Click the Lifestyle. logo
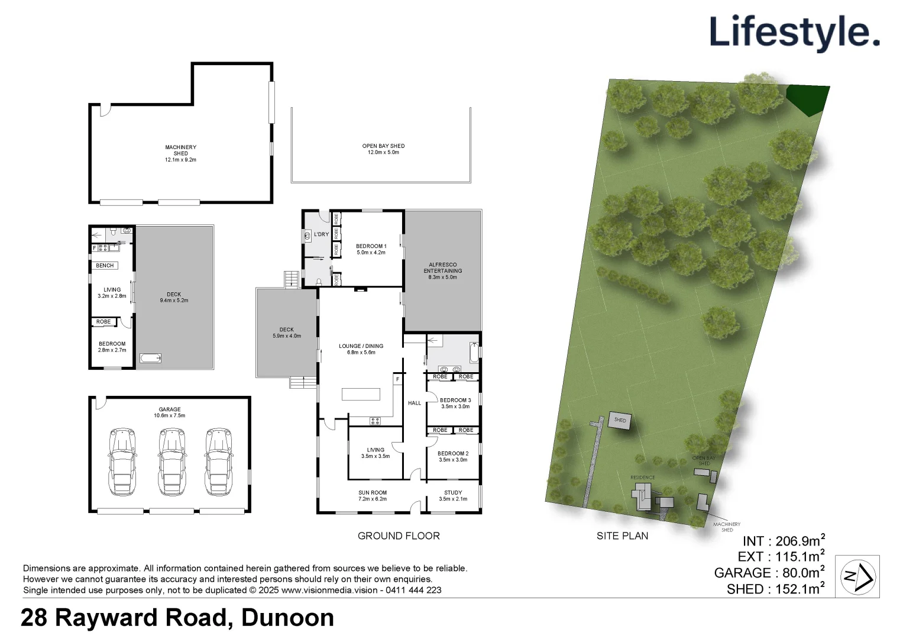(x=794, y=33)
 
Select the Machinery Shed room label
(x=180, y=153)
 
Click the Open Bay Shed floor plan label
(x=383, y=149)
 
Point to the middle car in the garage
(x=172, y=462)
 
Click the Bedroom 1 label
(x=371, y=249)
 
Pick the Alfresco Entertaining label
(x=442, y=271)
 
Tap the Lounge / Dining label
(x=361, y=349)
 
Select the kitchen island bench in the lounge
(x=361, y=394)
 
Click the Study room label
(x=453, y=495)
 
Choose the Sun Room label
(x=373, y=495)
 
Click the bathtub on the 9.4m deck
(x=150, y=358)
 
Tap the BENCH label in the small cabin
(x=105, y=266)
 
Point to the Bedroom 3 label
(x=455, y=403)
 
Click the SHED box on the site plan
(x=620, y=421)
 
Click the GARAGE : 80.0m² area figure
(x=769, y=573)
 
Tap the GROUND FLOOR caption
(x=399, y=536)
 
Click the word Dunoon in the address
(x=287, y=618)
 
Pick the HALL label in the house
(x=415, y=403)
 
